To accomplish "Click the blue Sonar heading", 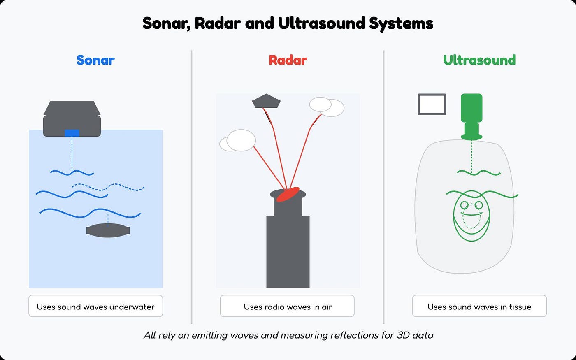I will tap(95, 60).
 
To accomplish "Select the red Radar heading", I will tap(288, 60).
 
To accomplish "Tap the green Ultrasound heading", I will tap(479, 60).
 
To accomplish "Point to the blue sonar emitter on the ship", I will tap(72, 133).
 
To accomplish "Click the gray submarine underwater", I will tap(108, 230).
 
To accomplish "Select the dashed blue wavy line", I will tap(108, 187).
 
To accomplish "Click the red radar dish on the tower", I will tap(287, 195).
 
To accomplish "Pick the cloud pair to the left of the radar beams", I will tap(238, 141).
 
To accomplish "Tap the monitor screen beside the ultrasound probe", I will tap(432, 104).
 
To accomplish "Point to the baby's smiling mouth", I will tap(471, 222).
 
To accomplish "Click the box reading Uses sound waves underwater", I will tap(95, 306).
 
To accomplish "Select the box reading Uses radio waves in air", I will tap(287, 306).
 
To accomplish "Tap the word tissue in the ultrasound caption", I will tap(520, 307).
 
